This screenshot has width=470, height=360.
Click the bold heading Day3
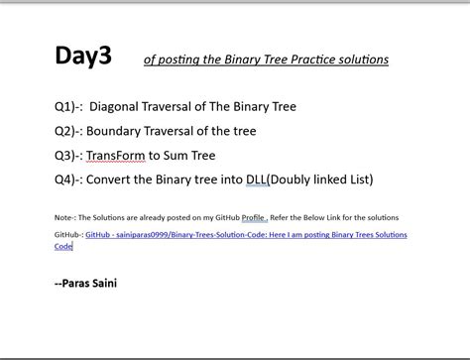pos(83,57)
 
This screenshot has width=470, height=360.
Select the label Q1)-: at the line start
pos(68,106)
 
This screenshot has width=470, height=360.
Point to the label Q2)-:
pos(68,131)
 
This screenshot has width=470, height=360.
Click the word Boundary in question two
pos(115,131)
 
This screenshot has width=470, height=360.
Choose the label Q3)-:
pos(68,156)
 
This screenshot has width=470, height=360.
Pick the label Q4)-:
pos(68,180)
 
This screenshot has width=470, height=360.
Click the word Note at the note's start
pos(63,217)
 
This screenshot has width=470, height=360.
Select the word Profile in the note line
pos(254,217)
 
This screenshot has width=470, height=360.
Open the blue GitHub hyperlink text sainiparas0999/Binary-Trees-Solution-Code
pos(198,235)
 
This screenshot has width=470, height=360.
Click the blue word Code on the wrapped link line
pos(63,246)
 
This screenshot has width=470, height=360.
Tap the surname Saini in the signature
pos(102,284)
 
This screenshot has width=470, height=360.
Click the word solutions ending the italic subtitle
pos(361,60)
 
